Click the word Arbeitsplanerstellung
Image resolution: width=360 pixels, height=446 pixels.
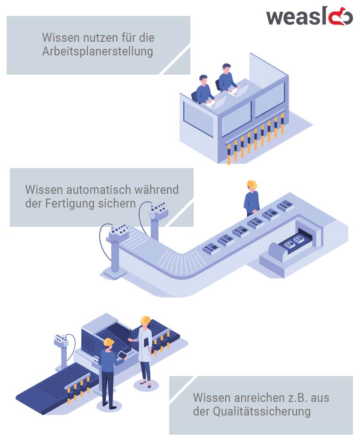tap(97, 51)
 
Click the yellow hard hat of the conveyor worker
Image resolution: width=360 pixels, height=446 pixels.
tap(252, 184)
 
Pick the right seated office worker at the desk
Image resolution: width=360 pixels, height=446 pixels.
tap(227, 78)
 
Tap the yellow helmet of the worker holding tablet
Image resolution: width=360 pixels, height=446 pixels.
tap(109, 342)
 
